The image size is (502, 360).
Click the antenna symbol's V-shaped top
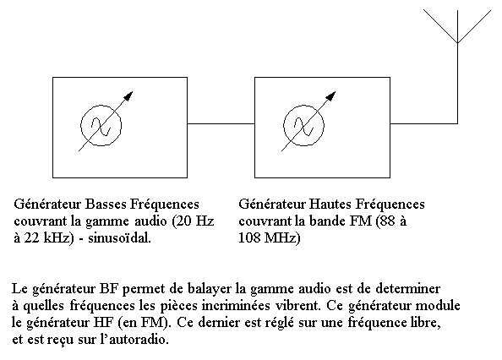457,42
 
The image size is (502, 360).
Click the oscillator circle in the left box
80,125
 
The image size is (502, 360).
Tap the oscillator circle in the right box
283,125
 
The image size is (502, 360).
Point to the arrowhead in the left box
128,96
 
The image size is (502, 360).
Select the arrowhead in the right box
331,96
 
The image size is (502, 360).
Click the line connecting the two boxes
221,123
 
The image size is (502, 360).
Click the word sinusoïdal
119,238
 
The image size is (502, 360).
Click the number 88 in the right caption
387,221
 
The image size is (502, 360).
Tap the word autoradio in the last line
139,339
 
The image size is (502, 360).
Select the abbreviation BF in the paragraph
109,289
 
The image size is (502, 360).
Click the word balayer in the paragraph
210,290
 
